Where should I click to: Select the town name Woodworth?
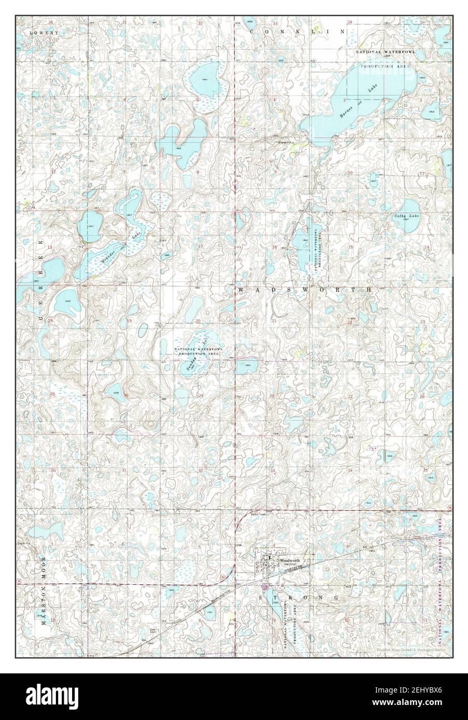pos(290,560)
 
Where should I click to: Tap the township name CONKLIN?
pos(297,32)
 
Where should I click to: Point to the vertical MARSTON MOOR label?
pos(45,590)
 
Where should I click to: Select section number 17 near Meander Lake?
pos(200,246)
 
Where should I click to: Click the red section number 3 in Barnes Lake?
pos(344,99)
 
